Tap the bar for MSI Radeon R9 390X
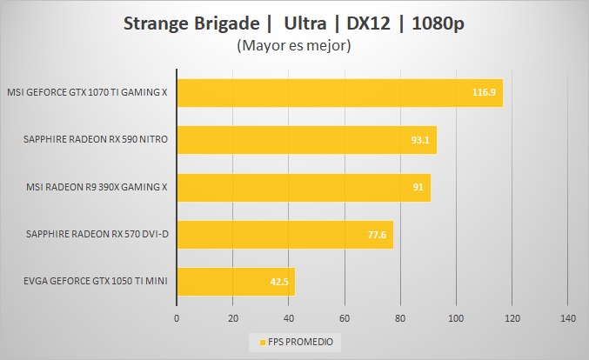tap(303, 187)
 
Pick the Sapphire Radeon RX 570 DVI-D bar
tap(284, 234)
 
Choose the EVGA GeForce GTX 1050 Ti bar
tap(235, 282)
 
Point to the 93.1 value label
tap(422, 139)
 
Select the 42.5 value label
tap(280, 282)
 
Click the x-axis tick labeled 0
tap(177, 317)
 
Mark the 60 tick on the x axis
tap(345, 317)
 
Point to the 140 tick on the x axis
tap(567, 317)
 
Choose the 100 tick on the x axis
tap(456, 317)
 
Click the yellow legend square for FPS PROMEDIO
tap(252, 342)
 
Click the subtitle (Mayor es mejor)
tap(293, 46)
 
